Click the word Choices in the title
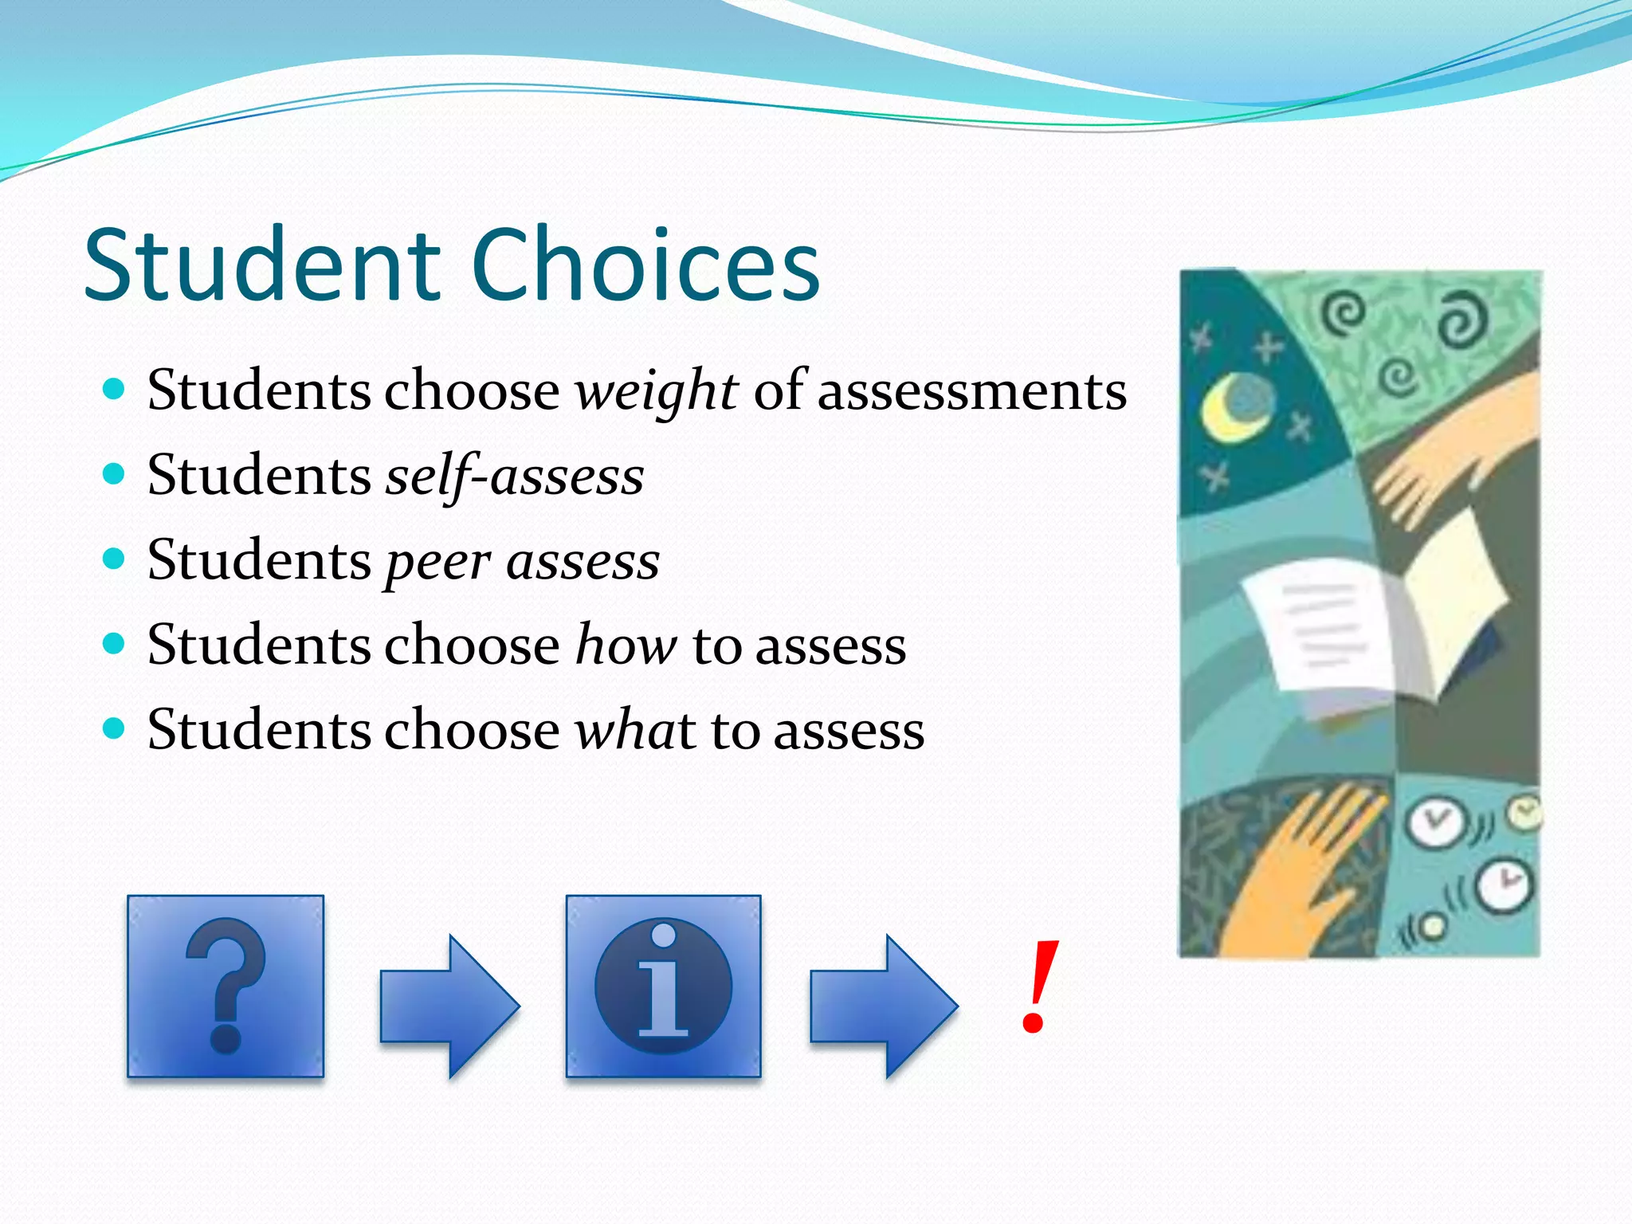pos(645,265)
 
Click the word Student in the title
pos(263,265)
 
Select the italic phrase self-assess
pos(515,477)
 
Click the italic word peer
pos(437,563)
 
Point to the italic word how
pos(626,645)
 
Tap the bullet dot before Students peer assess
pos(115,559)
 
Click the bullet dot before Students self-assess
pos(115,474)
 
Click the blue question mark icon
pos(226,986)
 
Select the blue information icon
pos(663,986)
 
